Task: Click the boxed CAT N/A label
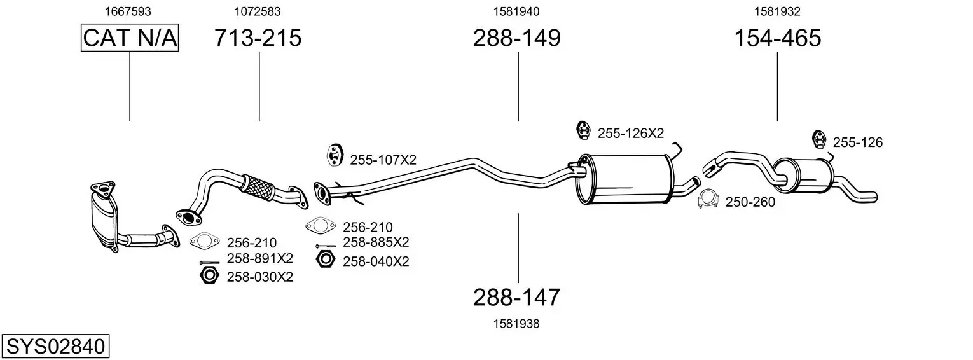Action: (x=130, y=38)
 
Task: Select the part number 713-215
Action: (x=258, y=38)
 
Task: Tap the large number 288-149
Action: (x=517, y=38)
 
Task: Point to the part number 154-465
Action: (x=778, y=38)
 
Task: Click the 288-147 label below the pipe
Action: (x=516, y=298)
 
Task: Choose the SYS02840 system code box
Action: (x=55, y=347)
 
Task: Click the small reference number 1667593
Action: (x=128, y=11)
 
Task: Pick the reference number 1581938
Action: (x=516, y=324)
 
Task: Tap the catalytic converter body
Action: (x=104, y=219)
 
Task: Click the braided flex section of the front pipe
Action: (x=258, y=189)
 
